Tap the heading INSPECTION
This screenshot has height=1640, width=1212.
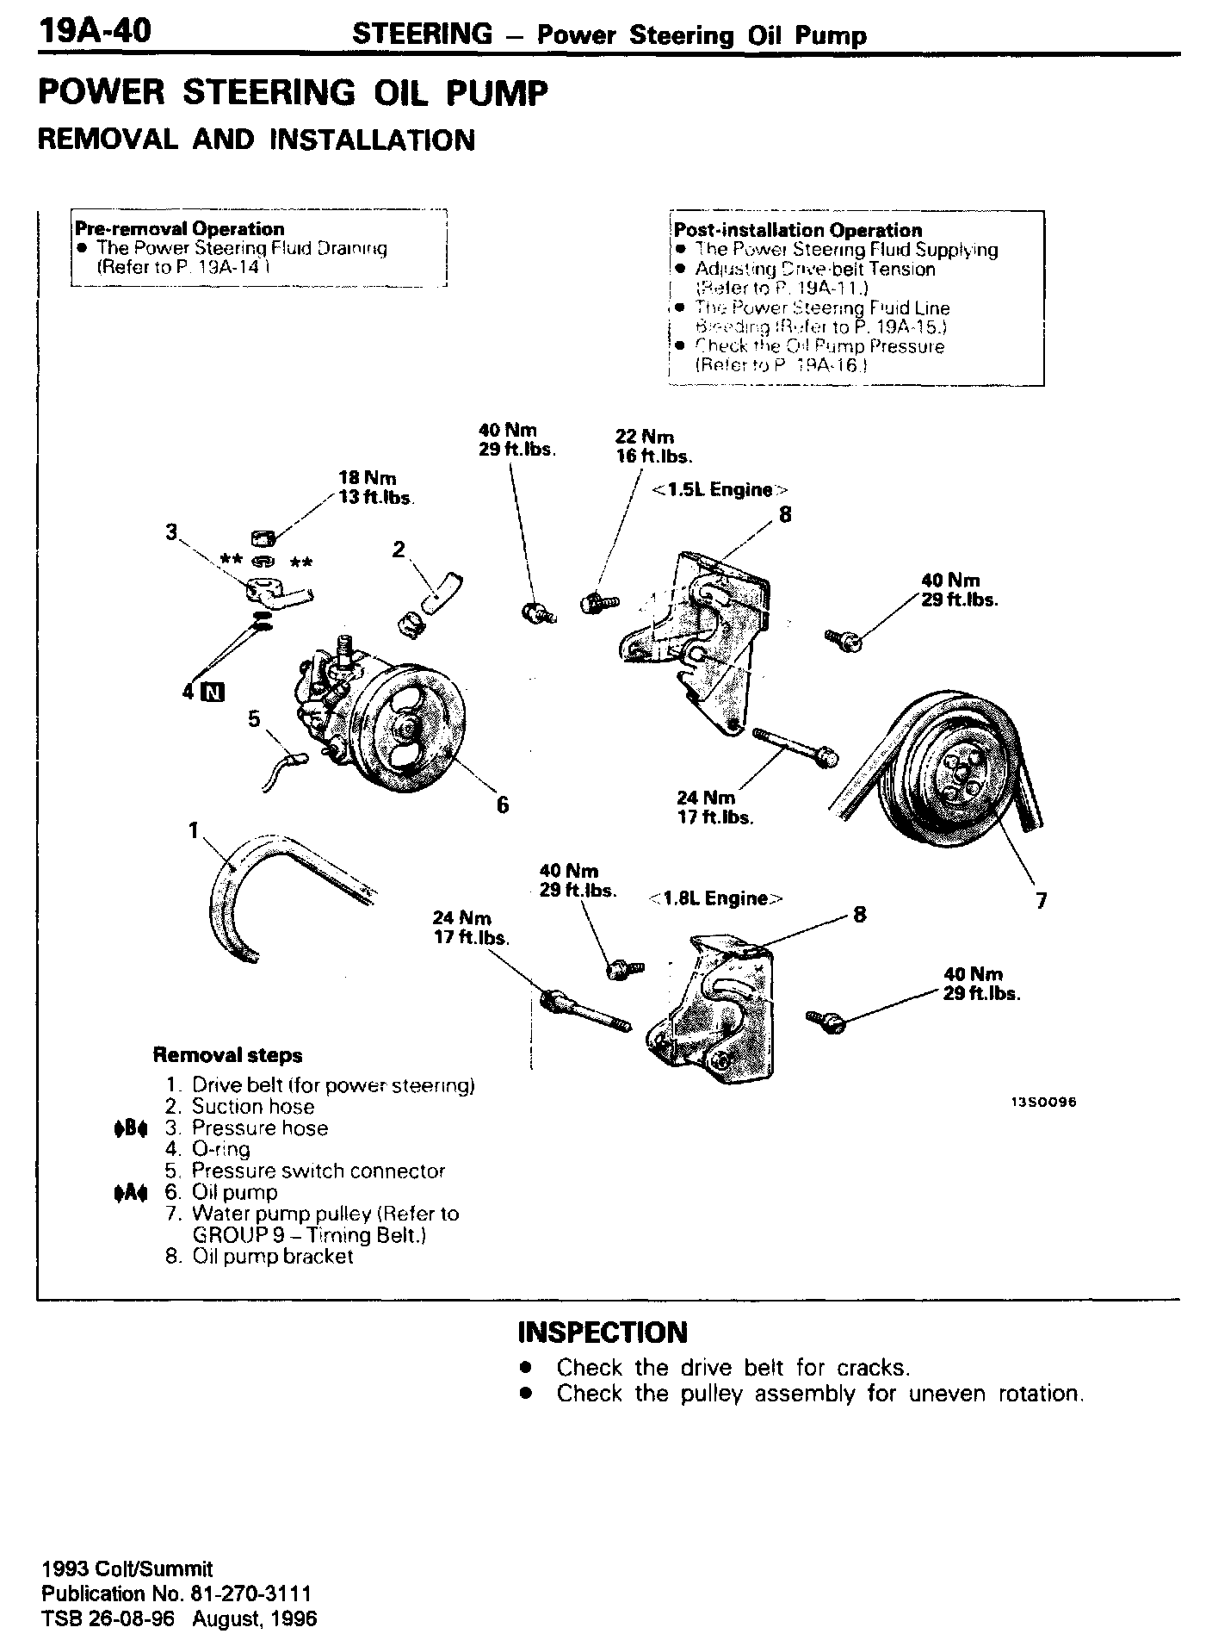click(603, 1332)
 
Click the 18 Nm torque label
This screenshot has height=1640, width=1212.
click(368, 478)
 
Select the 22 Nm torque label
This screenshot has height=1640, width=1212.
click(645, 437)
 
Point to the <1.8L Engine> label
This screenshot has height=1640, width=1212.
click(715, 898)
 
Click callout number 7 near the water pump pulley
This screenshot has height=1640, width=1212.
click(1042, 901)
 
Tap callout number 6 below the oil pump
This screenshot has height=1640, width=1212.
click(503, 804)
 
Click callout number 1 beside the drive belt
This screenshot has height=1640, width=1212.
click(194, 829)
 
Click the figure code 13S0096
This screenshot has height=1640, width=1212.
click(1044, 1102)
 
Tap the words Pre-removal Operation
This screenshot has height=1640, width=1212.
click(180, 229)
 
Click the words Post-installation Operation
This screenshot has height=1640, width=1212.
click(798, 230)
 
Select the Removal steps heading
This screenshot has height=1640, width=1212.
click(227, 1055)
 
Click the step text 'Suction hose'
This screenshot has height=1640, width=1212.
click(253, 1107)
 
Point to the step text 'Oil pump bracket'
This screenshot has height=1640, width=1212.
click(273, 1256)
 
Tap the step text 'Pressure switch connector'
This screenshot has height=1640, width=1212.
click(318, 1171)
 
